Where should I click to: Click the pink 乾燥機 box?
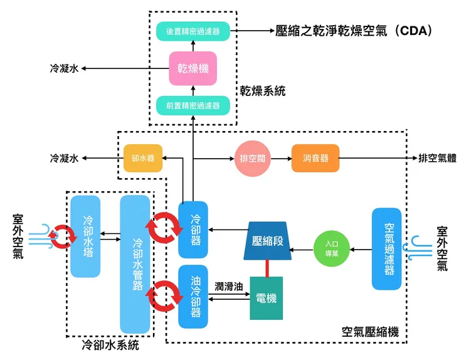click(x=193, y=68)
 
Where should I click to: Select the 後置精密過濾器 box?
click(x=193, y=31)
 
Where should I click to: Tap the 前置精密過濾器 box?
click(x=193, y=105)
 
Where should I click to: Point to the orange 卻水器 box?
click(x=139, y=158)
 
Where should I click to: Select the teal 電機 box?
click(x=266, y=299)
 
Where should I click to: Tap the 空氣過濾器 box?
click(x=387, y=249)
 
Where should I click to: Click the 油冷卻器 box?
click(x=193, y=297)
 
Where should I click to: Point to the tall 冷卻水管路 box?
click(x=135, y=264)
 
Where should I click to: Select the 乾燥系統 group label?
click(x=263, y=91)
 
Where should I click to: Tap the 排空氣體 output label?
click(x=436, y=158)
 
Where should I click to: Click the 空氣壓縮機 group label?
click(x=370, y=332)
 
